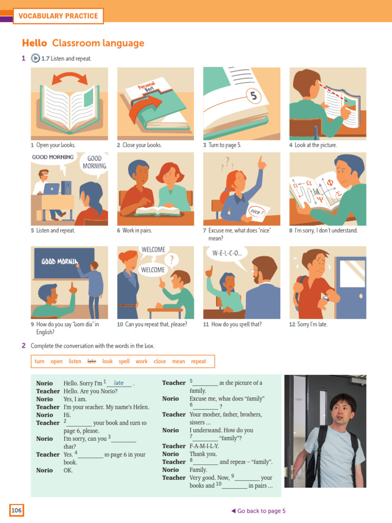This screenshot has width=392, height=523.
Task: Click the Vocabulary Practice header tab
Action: pyautogui.click(x=58, y=16)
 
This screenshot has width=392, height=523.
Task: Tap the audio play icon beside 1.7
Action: pyautogui.click(x=36, y=59)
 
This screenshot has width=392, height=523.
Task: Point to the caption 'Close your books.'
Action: pyautogui.click(x=139, y=145)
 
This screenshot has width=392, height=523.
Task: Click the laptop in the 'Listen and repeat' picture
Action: pyautogui.click(x=52, y=189)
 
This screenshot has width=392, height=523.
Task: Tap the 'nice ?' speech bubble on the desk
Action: pyautogui.click(x=257, y=211)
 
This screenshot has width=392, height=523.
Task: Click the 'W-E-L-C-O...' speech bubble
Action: pyautogui.click(x=228, y=253)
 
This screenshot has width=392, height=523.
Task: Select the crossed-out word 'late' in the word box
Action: pyautogui.click(x=92, y=362)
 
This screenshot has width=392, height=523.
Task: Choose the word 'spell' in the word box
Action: pyautogui.click(x=124, y=362)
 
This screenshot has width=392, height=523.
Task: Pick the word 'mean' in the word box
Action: pyautogui.click(x=179, y=362)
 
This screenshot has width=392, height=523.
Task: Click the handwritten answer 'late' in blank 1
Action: pyautogui.click(x=119, y=383)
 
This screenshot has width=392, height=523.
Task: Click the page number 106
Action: pyautogui.click(x=16, y=510)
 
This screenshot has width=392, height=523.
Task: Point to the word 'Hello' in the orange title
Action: pyautogui.click(x=35, y=43)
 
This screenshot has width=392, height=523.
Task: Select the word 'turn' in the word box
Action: pyautogui.click(x=39, y=362)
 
